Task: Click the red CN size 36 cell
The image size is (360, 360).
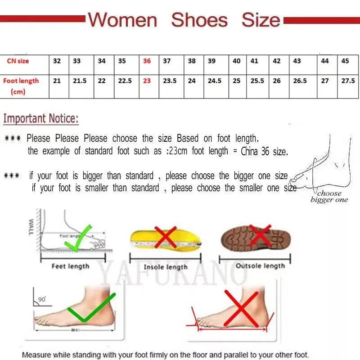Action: (147, 61)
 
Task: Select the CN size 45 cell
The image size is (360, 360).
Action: (345, 61)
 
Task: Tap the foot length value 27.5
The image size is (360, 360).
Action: (348, 81)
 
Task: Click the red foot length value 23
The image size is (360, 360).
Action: (147, 81)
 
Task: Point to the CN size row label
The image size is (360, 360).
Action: (18, 61)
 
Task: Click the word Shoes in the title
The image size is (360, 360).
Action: (199, 20)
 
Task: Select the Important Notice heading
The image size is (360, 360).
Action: (41, 119)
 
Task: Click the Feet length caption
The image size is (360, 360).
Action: (71, 266)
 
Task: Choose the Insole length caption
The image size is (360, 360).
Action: (165, 267)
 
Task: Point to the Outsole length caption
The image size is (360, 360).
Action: (260, 266)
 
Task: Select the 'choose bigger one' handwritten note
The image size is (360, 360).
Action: (330, 197)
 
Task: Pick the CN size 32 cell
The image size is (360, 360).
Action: (57, 61)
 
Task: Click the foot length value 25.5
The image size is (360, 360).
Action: (257, 81)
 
